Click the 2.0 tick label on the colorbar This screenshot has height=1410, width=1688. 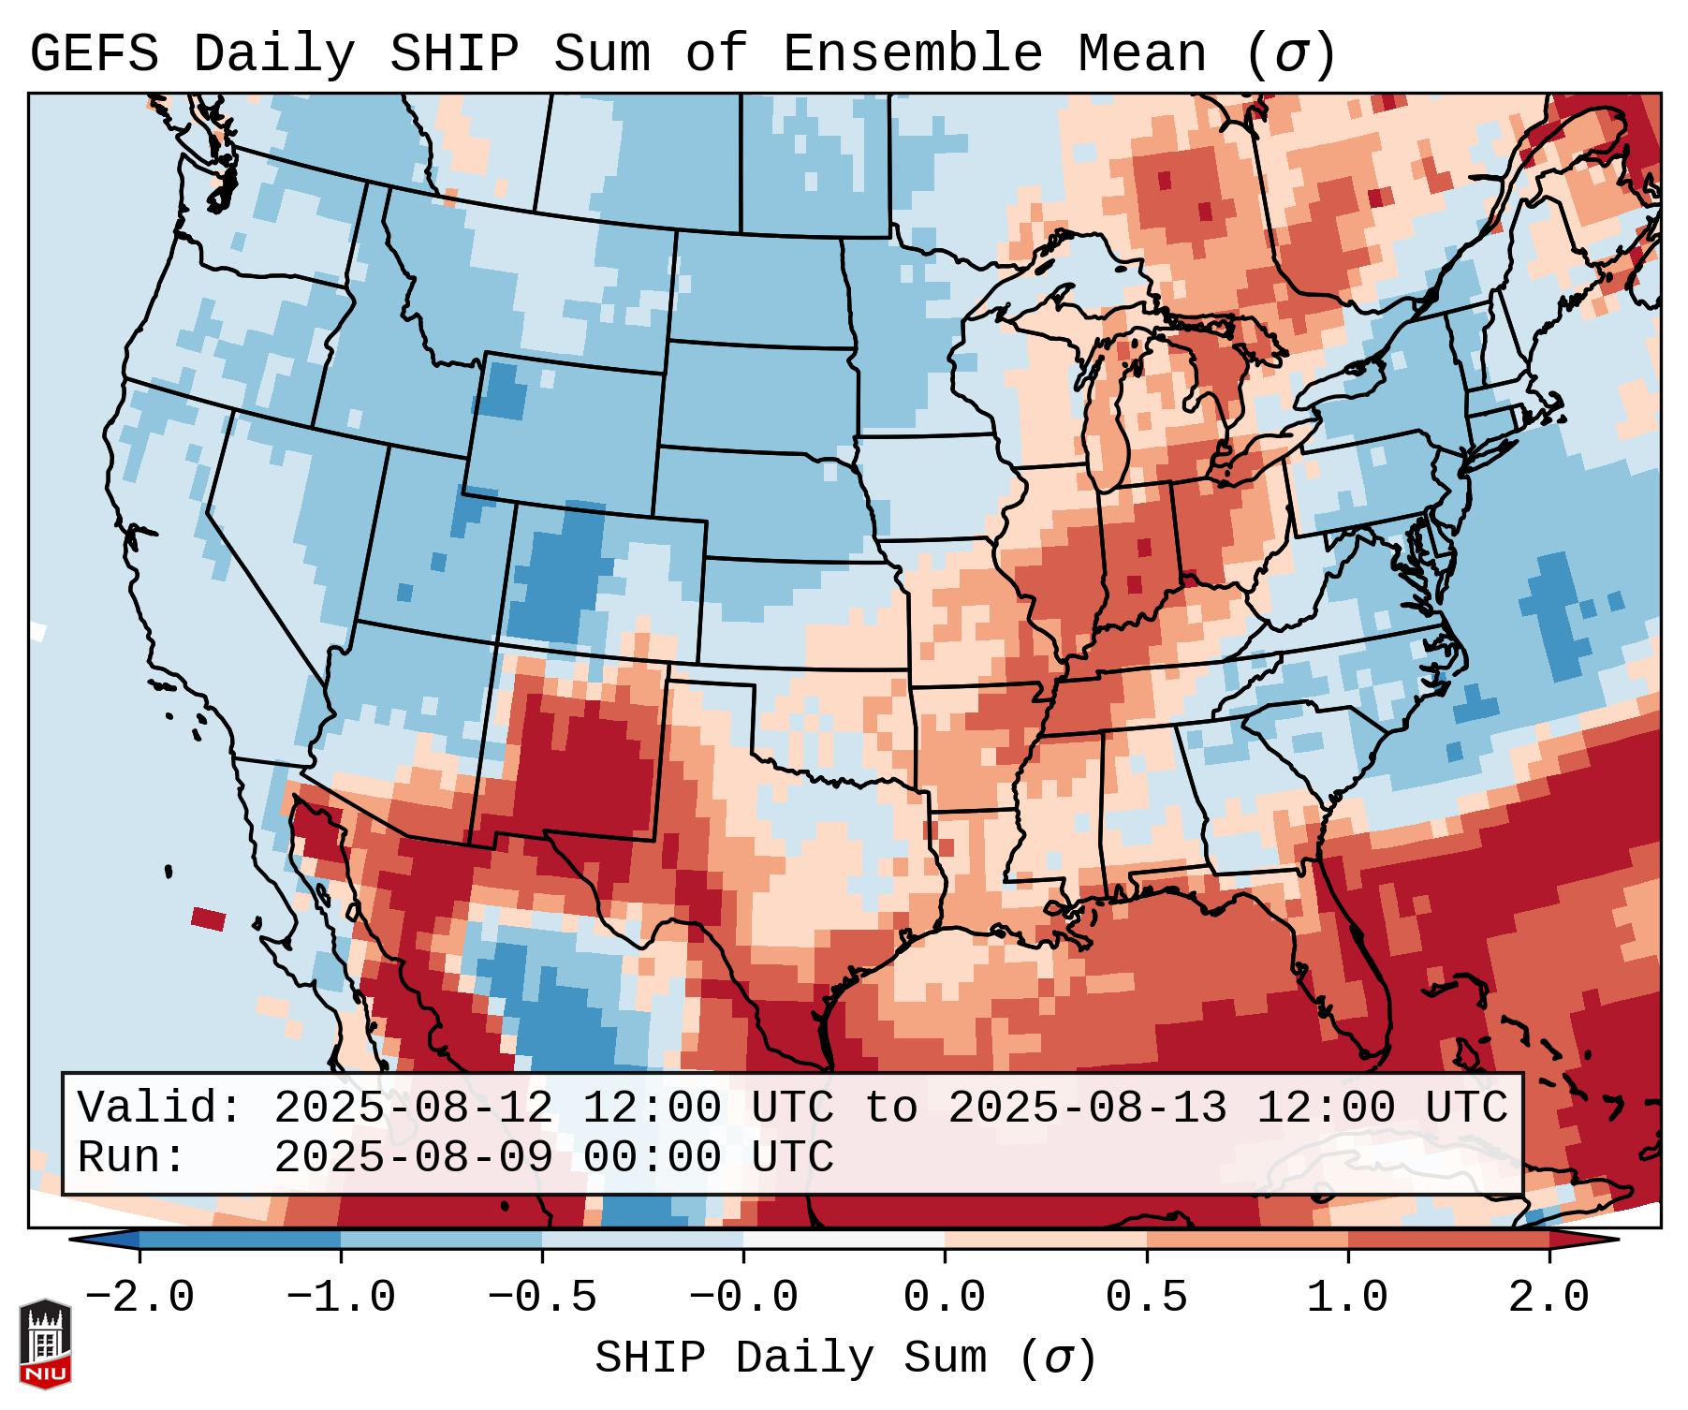tap(1549, 1298)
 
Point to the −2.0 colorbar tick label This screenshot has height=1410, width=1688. tap(139, 1298)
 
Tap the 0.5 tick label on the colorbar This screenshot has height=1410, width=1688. tap(1146, 1298)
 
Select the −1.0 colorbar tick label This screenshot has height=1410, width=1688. tap(341, 1298)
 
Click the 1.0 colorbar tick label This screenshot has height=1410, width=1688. tap(1347, 1298)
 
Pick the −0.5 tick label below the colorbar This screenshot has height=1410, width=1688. tap(542, 1298)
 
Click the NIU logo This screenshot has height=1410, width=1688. tap(45, 1344)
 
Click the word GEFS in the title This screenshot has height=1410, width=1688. tap(95, 53)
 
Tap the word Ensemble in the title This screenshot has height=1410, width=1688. tap(913, 53)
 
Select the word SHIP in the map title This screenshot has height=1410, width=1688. tap(454, 53)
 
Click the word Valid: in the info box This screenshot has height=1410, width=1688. tap(160, 1108)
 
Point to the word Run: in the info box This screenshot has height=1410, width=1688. tap(132, 1157)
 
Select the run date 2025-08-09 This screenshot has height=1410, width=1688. tap(413, 1157)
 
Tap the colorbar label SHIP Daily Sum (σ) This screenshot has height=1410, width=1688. tap(844, 1358)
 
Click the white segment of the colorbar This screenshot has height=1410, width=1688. tap(844, 1240)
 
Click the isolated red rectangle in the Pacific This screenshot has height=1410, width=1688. tap(208, 918)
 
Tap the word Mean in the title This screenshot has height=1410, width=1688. tap(1142, 53)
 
